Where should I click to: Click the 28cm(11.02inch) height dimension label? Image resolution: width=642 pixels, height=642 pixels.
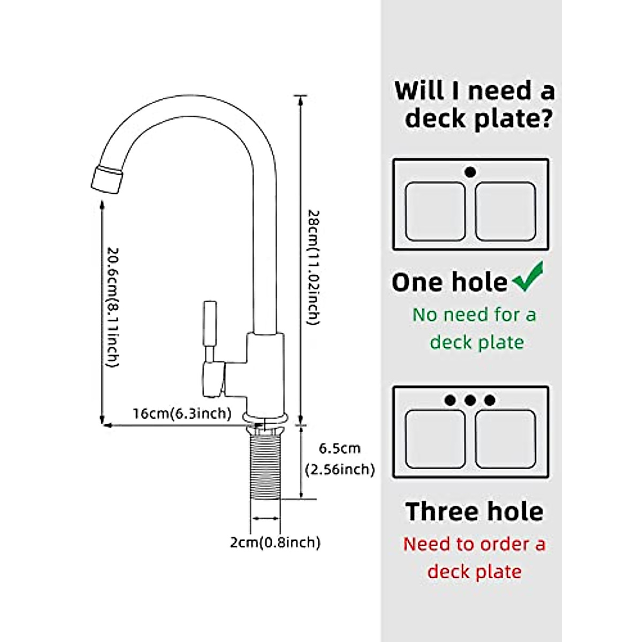tap(314, 267)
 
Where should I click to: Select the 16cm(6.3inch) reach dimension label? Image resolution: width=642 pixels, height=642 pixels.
tap(182, 414)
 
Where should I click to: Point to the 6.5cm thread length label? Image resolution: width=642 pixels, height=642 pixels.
tap(340, 448)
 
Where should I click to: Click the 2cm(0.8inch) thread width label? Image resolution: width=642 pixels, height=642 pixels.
tap(275, 542)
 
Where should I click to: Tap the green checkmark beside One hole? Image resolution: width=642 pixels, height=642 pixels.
tap(528, 277)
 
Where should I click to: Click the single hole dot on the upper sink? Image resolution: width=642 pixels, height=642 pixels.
tap(470, 172)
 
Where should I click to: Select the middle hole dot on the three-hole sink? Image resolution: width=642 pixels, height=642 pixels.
tap(470, 400)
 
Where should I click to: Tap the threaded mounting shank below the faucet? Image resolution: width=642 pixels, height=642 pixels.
tap(265, 465)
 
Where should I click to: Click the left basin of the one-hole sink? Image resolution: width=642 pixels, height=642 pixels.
tap(435, 212)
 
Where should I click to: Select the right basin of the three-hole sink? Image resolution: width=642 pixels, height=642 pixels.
tap(505, 439)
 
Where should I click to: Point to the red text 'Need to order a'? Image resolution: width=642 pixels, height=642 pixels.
tap(474, 544)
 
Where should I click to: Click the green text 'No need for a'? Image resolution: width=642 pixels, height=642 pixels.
tap(474, 315)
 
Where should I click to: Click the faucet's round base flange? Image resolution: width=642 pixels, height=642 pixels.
tap(265, 417)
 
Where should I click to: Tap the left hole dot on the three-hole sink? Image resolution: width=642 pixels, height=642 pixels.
tap(450, 400)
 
